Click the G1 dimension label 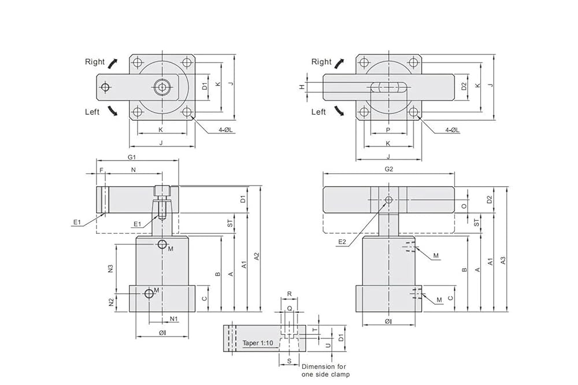pyautogui.click(x=132, y=157)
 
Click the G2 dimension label pyautogui.click(x=389, y=169)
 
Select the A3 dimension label pyautogui.click(x=503, y=260)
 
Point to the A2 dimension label pyautogui.click(x=257, y=256)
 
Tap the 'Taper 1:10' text pyautogui.click(x=258, y=343)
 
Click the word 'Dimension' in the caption pyautogui.click(x=318, y=366)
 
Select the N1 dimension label pyautogui.click(x=173, y=318)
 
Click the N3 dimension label pyautogui.click(x=110, y=269)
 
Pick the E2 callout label pyautogui.click(x=342, y=242)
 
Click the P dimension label pyautogui.click(x=388, y=130)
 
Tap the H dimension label pyautogui.click(x=302, y=87)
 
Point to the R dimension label pyautogui.click(x=290, y=294)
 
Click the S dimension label pyautogui.click(x=289, y=361)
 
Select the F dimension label pyautogui.click(x=101, y=170)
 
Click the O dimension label pyautogui.click(x=464, y=206)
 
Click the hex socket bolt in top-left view pyautogui.click(x=162, y=87)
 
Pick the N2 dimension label pyautogui.click(x=111, y=302)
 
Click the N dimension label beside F pyautogui.click(x=134, y=170)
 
